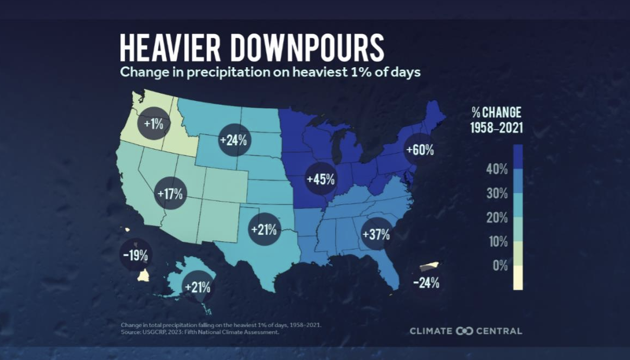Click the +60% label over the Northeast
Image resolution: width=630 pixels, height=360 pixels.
(x=420, y=150)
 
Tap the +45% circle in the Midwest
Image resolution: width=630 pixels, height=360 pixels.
(x=320, y=179)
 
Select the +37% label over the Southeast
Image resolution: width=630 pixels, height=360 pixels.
(x=376, y=234)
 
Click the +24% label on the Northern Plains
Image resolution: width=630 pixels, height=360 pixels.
(x=233, y=140)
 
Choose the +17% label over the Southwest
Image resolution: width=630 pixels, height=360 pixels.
(x=170, y=193)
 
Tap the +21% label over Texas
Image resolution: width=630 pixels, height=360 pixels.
(x=264, y=229)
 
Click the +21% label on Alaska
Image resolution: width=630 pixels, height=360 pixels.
(x=197, y=287)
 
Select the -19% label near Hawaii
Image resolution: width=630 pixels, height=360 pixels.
(x=136, y=255)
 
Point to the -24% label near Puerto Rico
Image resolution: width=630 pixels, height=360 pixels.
(x=426, y=282)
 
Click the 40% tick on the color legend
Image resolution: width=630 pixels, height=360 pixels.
(x=497, y=169)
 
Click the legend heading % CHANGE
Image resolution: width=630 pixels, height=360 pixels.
(x=496, y=113)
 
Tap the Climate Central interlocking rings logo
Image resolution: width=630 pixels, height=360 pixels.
(x=465, y=331)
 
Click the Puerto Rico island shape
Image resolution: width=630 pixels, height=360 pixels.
(x=429, y=267)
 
